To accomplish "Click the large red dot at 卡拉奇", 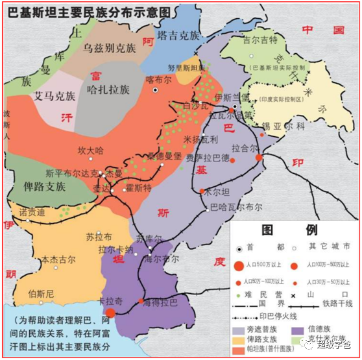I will pyautogui.click(x=110, y=313).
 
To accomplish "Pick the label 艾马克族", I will pyautogui.click(x=54, y=97).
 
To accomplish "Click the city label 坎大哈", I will pyautogui.click(x=90, y=150).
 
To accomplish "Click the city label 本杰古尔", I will pyautogui.click(x=58, y=259).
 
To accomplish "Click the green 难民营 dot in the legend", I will pyautogui.click(x=239, y=294).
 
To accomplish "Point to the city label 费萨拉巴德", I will pyautogui.click(x=208, y=158).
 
